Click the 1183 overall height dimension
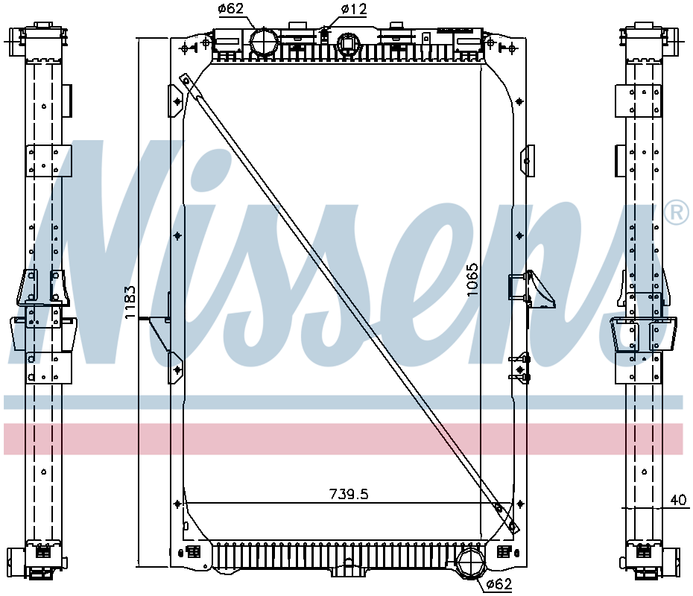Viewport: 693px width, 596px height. pyautogui.click(x=130, y=302)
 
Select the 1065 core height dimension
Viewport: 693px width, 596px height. pyautogui.click(x=472, y=279)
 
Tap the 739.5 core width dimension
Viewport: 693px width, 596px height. pyautogui.click(x=349, y=494)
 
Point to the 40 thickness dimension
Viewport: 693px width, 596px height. pyautogui.click(x=678, y=500)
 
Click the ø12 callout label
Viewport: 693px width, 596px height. pyautogui.click(x=354, y=9)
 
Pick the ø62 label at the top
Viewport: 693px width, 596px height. pyautogui.click(x=231, y=8)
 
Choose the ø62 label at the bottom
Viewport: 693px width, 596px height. pyautogui.click(x=499, y=584)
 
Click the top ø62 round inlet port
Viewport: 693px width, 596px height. pyautogui.click(x=264, y=42)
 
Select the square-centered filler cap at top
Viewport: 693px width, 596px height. pyautogui.click(x=349, y=44)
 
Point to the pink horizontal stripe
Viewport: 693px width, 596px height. pyautogui.click(x=343, y=439)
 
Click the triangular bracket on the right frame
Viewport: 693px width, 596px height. pyautogui.click(x=542, y=289)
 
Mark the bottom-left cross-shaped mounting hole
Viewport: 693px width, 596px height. pyautogui.click(x=177, y=504)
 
